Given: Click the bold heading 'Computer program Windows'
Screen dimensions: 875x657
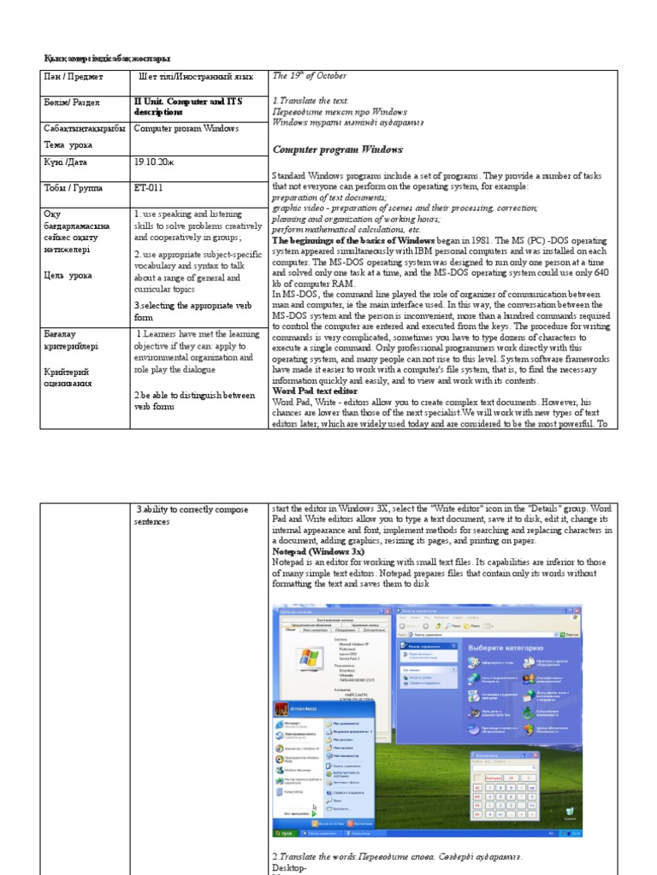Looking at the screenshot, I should pyautogui.click(x=337, y=150).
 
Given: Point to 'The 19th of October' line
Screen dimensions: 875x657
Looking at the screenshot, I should pyautogui.click(x=309, y=76).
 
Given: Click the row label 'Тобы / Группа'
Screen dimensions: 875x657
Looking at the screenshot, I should pyautogui.click(x=74, y=187).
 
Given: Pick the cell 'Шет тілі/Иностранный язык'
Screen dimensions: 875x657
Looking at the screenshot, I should pyautogui.click(x=196, y=77).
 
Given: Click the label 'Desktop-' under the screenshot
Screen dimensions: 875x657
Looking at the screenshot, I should pyautogui.click(x=289, y=866).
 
